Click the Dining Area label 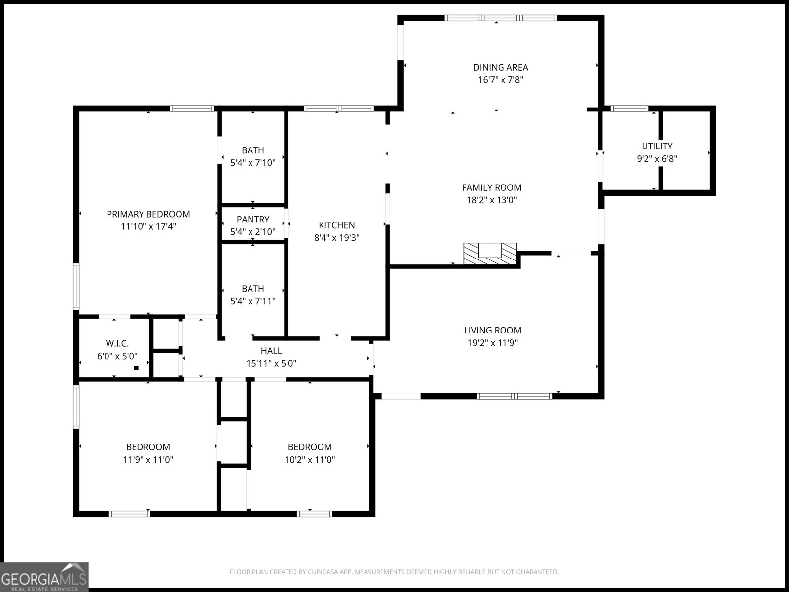pyautogui.click(x=500, y=67)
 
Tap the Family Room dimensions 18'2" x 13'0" pyautogui.click(x=492, y=200)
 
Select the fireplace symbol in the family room pyautogui.click(x=489, y=254)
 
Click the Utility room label pyautogui.click(x=656, y=146)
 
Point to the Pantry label pyautogui.click(x=252, y=219)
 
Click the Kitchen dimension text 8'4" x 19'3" pyautogui.click(x=336, y=238)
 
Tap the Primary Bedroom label pyautogui.click(x=148, y=214)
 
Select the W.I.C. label pyautogui.click(x=117, y=343)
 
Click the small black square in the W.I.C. pyautogui.click(x=136, y=368)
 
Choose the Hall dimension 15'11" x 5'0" pyautogui.click(x=271, y=364)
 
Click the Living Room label pyautogui.click(x=492, y=331)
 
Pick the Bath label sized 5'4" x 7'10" pyautogui.click(x=252, y=150)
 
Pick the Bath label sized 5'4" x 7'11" pyautogui.click(x=252, y=289)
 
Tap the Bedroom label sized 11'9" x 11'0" pyautogui.click(x=148, y=447)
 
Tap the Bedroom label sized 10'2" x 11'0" pyautogui.click(x=310, y=447)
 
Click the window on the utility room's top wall pyautogui.click(x=629, y=109)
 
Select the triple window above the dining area pyautogui.click(x=500, y=18)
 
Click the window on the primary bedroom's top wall pyautogui.click(x=192, y=109)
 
